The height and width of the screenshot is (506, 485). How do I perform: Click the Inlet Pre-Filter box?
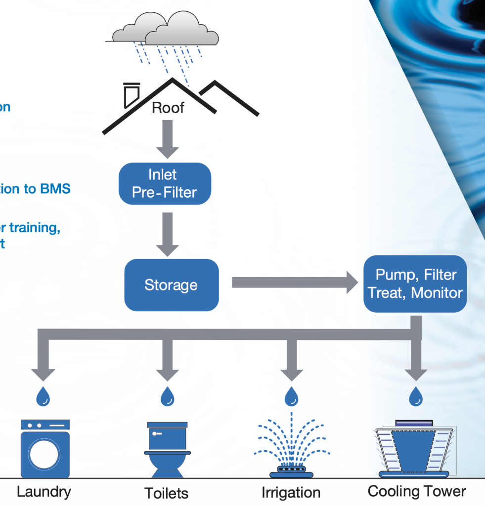pos(165,183)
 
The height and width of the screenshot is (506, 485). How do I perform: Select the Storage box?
pos(171,285)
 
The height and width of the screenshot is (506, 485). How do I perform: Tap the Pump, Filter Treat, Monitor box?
pos(415,284)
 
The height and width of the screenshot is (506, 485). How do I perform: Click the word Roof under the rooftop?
pos(168,108)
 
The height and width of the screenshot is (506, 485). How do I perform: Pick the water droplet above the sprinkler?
pos(292,396)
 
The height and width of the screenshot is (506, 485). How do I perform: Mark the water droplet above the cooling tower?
pos(416,396)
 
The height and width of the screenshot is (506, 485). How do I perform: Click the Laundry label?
pos(44,492)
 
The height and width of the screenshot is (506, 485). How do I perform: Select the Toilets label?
pos(167,493)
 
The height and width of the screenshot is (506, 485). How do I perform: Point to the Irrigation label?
pos(291,493)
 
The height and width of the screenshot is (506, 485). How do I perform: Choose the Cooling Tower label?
pos(417,491)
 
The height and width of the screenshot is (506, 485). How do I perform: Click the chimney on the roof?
pos(132,95)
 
